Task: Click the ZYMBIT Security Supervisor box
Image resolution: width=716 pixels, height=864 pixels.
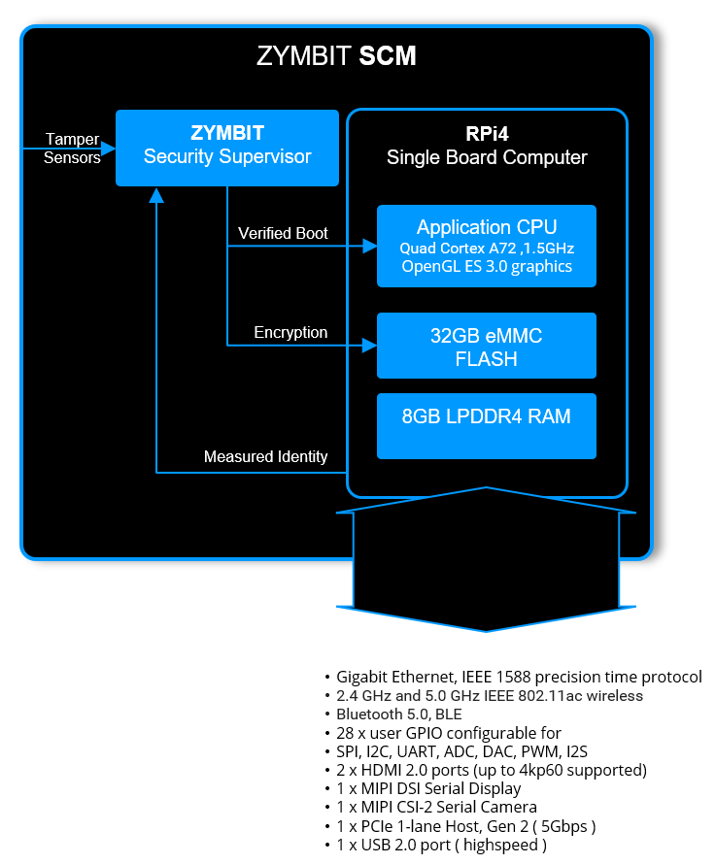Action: (227, 147)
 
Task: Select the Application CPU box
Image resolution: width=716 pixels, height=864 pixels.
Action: (486, 246)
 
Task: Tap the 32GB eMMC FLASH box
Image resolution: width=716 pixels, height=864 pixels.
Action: (486, 346)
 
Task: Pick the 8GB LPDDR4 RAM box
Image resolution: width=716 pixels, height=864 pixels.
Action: (486, 425)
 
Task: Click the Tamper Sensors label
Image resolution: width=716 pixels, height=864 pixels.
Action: (72, 149)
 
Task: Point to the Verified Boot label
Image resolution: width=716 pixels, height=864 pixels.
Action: (283, 234)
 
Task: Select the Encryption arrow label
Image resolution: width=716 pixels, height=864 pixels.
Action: (290, 333)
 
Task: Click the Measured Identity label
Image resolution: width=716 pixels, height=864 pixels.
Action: (265, 457)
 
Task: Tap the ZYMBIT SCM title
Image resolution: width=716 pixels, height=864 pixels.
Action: (336, 56)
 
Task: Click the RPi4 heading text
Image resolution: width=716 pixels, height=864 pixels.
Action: (487, 135)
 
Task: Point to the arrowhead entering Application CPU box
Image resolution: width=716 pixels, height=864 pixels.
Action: (369, 247)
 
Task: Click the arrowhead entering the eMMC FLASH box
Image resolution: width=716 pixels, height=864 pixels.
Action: (369, 345)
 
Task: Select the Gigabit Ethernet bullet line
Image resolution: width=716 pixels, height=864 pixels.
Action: (519, 678)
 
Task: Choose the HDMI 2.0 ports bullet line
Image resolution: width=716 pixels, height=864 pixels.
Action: (492, 771)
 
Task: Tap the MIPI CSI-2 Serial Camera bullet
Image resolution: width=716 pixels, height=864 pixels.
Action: (436, 808)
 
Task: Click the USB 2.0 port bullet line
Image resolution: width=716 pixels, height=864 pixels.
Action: (441, 845)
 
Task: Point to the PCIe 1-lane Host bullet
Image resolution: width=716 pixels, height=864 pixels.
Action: (465, 826)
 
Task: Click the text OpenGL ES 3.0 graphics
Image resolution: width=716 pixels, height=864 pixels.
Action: (486, 267)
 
